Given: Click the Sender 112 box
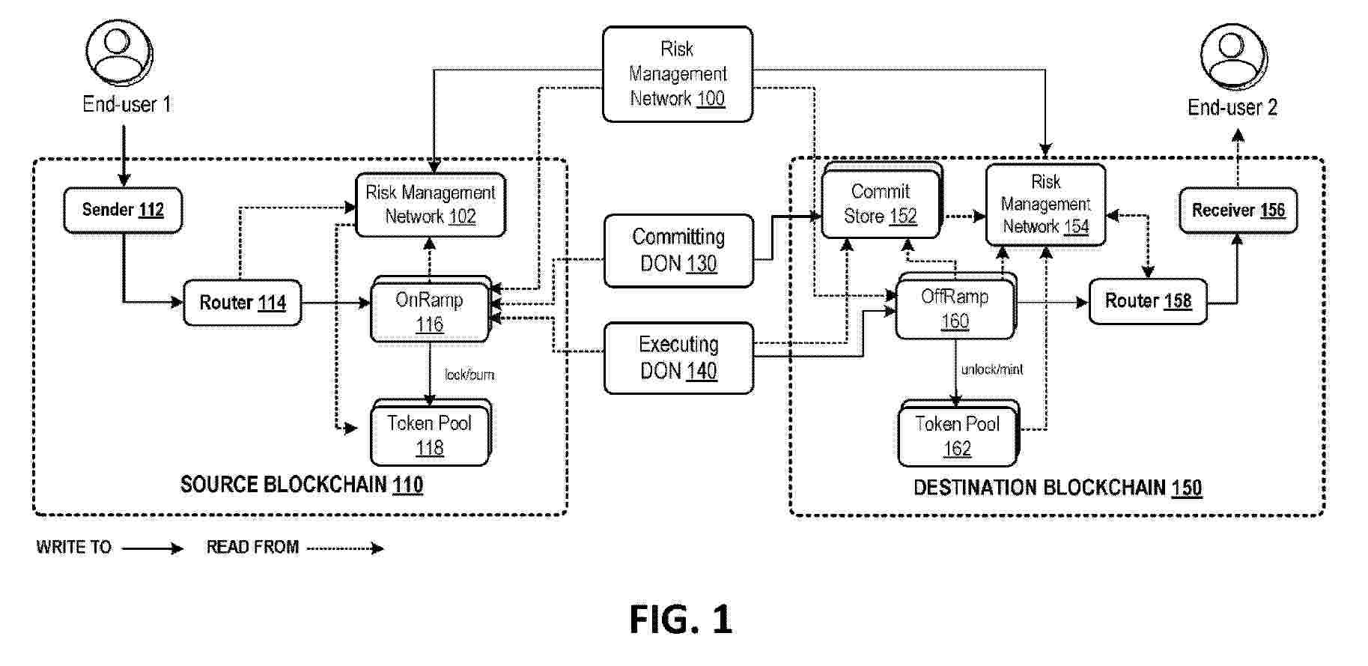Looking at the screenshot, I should pyautogui.click(x=123, y=210).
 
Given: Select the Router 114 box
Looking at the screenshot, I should pyautogui.click(x=243, y=303).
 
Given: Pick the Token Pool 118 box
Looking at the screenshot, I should pyautogui.click(x=430, y=435).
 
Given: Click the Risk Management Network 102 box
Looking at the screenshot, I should pyautogui.click(x=430, y=205).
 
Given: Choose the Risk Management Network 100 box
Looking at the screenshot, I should pyautogui.click(x=677, y=73).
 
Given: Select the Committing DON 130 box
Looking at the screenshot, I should pyautogui.click(x=678, y=250).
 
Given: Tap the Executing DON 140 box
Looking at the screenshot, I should pyautogui.click(x=678, y=357).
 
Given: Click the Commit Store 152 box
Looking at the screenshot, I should pyautogui.click(x=881, y=204).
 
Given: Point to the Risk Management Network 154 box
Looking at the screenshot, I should pyautogui.click(x=1045, y=204).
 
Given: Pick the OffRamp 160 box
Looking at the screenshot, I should pyautogui.click(x=955, y=309).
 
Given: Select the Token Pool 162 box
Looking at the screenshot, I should pyautogui.click(x=957, y=436).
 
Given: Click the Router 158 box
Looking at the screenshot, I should pyautogui.click(x=1148, y=301).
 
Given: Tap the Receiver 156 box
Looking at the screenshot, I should pyautogui.click(x=1238, y=211).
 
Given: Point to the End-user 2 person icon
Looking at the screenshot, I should pyautogui.click(x=1232, y=55).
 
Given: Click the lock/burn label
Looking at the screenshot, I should pyautogui.click(x=469, y=375).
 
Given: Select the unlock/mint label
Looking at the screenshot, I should pyautogui.click(x=992, y=369).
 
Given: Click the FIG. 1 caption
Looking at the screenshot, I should pyautogui.click(x=680, y=620).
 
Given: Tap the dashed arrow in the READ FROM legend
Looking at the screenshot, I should pyautogui.click(x=345, y=548).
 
